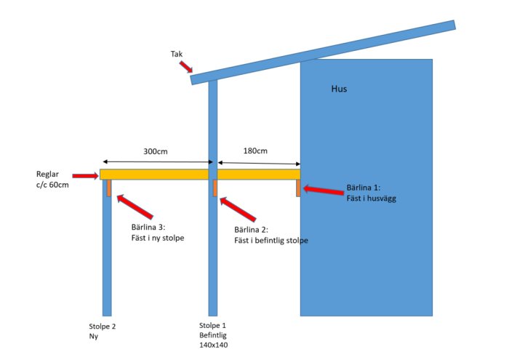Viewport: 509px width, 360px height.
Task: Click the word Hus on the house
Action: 339,89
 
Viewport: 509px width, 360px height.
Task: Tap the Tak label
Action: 177,54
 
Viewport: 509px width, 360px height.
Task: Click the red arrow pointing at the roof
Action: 186,67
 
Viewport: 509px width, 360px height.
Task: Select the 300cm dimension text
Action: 156,151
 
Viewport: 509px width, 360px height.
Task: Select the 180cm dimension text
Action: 255,151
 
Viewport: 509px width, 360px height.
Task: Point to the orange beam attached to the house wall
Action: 298,188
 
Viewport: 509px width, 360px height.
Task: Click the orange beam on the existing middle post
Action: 215,188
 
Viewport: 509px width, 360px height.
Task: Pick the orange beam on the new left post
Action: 109,188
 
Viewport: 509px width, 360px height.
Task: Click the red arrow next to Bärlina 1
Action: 324,191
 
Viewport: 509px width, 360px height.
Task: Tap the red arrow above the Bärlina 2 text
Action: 238,209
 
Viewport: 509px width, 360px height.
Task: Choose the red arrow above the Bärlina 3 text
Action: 135,207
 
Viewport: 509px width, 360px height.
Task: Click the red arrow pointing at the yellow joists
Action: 85,176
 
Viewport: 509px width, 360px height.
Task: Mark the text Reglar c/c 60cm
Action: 52,180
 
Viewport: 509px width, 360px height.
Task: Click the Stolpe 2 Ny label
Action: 103,331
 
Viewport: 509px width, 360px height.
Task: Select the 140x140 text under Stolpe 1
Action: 213,345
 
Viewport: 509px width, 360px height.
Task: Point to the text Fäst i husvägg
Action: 372,199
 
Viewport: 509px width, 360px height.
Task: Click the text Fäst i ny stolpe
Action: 158,238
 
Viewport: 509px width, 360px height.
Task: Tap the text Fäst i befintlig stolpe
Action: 271,241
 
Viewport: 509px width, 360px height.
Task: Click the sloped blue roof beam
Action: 323,52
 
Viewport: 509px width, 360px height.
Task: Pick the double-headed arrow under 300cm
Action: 158,161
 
